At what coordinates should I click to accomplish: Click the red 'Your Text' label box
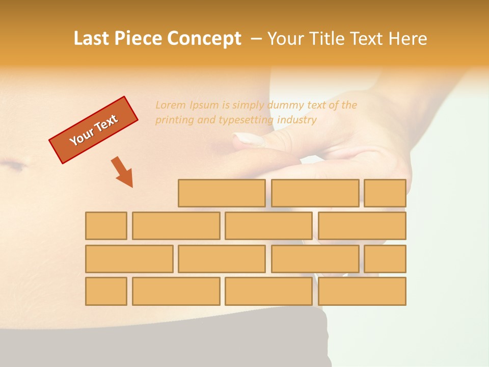point(94,130)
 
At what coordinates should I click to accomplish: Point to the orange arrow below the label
point(123,172)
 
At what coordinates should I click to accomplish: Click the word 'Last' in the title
point(92,39)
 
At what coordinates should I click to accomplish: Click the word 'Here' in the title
point(407,39)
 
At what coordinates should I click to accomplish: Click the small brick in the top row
point(385,193)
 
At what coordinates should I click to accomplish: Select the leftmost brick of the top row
point(222,193)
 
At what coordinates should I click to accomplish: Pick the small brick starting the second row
point(106,226)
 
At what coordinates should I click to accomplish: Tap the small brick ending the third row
point(385,259)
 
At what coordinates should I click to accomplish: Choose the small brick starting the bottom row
point(106,292)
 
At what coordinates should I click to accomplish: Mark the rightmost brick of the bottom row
point(362,292)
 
